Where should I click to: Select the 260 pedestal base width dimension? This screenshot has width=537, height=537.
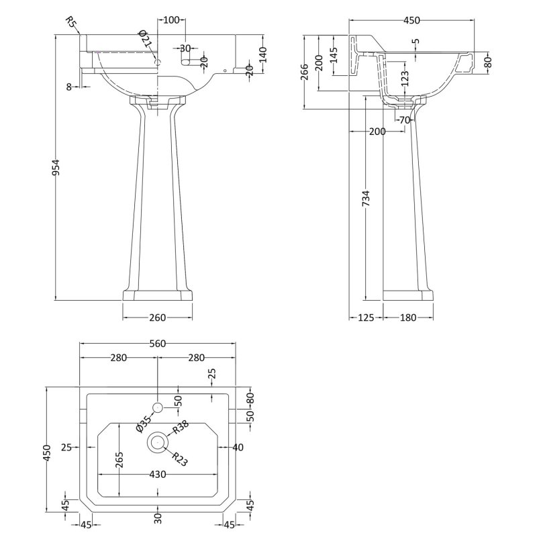click(158, 318)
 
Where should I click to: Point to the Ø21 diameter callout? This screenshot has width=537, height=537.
click(146, 40)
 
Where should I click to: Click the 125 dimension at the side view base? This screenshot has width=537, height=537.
click(366, 318)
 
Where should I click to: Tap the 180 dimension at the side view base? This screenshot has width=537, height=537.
click(408, 318)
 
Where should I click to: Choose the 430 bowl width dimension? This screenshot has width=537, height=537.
click(158, 475)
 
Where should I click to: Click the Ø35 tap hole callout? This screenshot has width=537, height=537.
click(143, 424)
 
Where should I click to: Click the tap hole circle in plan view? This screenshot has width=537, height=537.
click(158, 407)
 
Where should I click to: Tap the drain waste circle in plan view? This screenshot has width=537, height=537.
click(158, 442)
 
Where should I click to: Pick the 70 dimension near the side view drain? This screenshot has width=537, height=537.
click(403, 121)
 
